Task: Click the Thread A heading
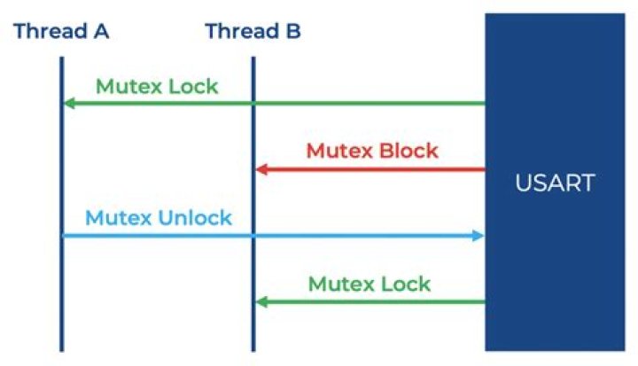61,31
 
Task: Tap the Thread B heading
253,31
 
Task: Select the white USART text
555,183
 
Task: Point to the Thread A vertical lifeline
62,204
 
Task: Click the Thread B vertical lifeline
253,204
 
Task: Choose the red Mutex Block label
372,151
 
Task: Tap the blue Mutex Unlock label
159,218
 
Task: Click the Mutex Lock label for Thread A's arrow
157,86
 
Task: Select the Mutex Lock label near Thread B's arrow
370,284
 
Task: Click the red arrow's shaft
370,169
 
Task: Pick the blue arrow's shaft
273,236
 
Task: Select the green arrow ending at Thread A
274,104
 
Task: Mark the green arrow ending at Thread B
370,302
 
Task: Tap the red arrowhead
261,169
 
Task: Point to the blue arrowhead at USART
478,236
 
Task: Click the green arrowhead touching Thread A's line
70,104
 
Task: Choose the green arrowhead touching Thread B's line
261,302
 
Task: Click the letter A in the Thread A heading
101,31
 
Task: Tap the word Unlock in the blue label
195,218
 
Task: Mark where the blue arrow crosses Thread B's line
253,236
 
